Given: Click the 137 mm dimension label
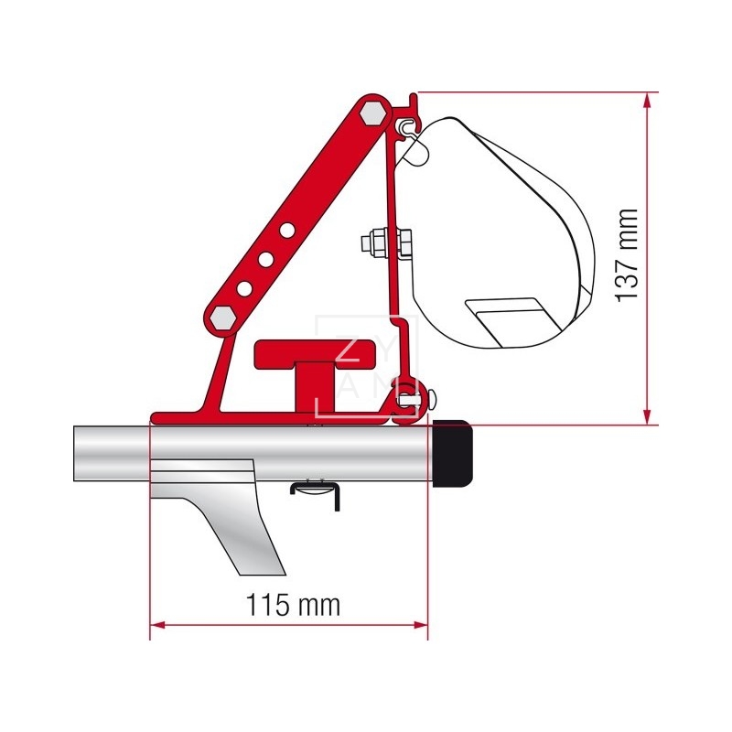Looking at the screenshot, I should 627,255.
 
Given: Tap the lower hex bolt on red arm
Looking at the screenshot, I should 222,317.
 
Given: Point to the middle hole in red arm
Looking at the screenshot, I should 265,260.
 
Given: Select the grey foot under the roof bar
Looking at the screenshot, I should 220,522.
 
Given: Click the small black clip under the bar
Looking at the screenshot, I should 315,490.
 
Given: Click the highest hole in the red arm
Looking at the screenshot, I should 287,231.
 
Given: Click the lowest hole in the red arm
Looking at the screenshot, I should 244,288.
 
